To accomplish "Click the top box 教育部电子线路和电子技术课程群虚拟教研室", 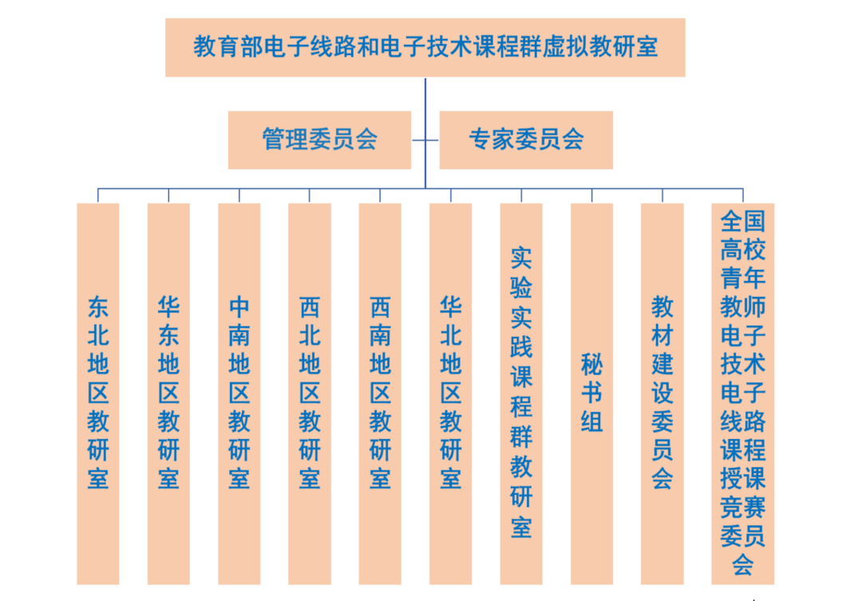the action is (x=425, y=47).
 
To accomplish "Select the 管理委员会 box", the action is (x=319, y=140).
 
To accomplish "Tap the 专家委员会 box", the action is (x=526, y=140).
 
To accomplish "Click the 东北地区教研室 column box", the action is (x=97, y=393).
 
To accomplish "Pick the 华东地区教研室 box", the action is (x=168, y=393).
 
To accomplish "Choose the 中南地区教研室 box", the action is (x=239, y=393).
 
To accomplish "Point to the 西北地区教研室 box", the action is (x=310, y=393).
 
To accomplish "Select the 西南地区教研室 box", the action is (x=380, y=393).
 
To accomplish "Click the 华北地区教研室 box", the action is (x=450, y=393).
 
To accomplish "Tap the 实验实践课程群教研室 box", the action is (x=521, y=393).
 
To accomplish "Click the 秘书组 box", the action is (x=592, y=393).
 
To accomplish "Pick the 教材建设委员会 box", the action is (x=662, y=393).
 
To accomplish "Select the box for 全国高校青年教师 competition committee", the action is (x=743, y=393).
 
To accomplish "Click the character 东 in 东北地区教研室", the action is (x=97, y=307).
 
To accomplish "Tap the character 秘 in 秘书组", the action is (x=592, y=366).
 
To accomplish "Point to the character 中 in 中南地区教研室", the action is (x=239, y=307).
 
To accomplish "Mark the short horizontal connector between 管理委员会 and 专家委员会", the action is (x=425, y=140).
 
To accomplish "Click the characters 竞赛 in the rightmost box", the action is (x=743, y=507).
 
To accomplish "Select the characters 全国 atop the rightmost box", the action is (x=743, y=221).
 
